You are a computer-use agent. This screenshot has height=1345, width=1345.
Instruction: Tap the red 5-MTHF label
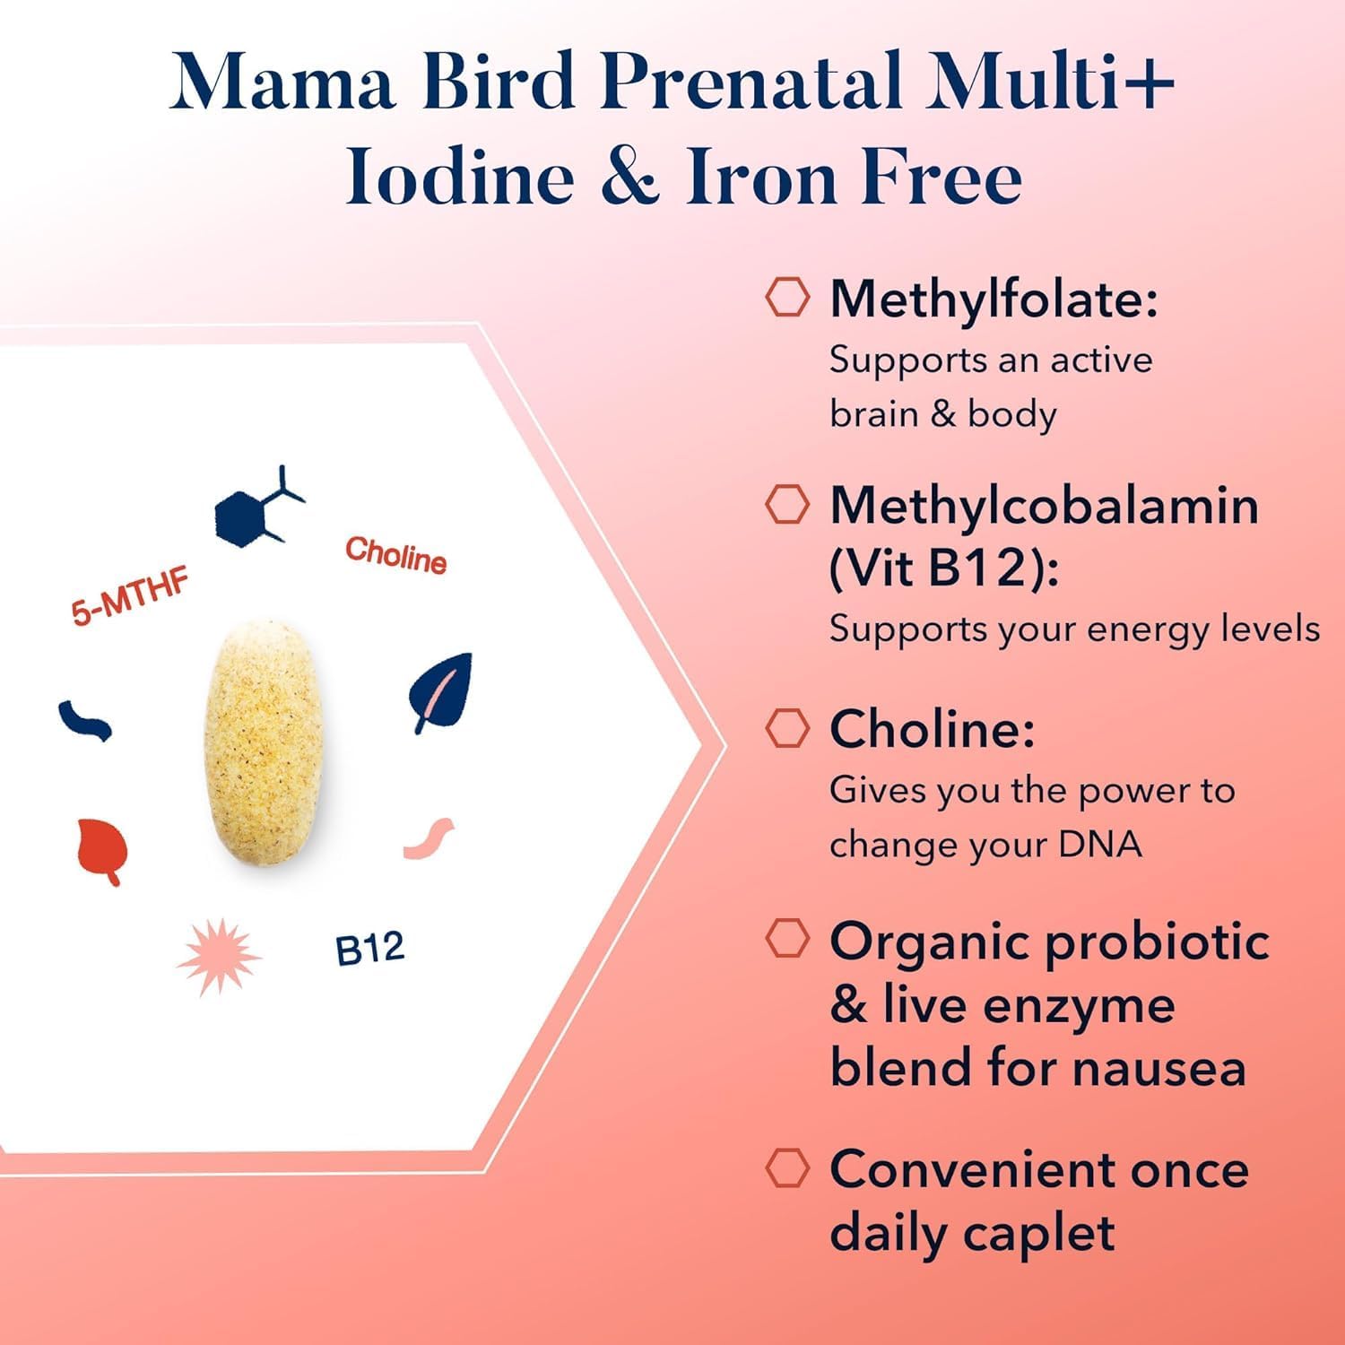(x=130, y=597)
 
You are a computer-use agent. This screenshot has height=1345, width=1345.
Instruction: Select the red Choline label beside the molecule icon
(x=395, y=556)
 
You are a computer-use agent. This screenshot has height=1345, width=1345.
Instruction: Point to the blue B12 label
(x=369, y=949)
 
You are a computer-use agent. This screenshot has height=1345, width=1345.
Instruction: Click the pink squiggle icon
(x=429, y=837)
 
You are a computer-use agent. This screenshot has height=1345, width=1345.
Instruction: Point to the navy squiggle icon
(x=85, y=720)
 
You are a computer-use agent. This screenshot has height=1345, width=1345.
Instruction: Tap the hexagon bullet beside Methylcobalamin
(x=787, y=505)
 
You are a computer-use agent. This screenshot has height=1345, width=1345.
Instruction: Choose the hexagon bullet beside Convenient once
(x=787, y=1167)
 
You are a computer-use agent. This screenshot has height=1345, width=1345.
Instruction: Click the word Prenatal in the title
(x=751, y=82)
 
